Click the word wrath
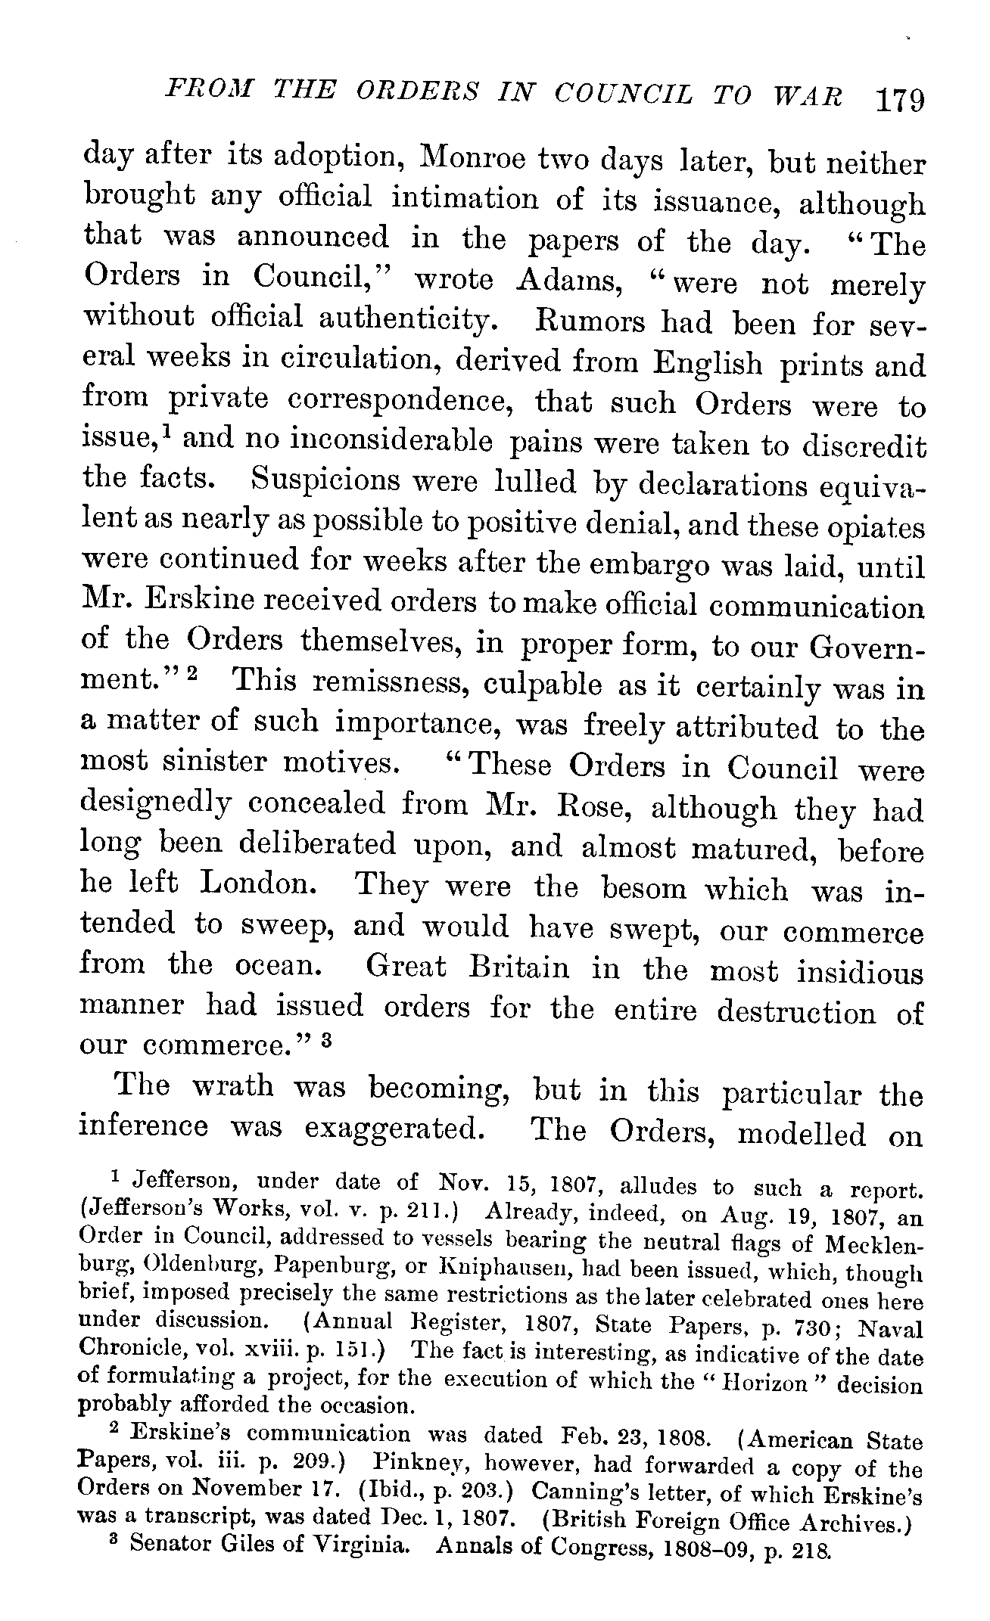point(232,1086)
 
